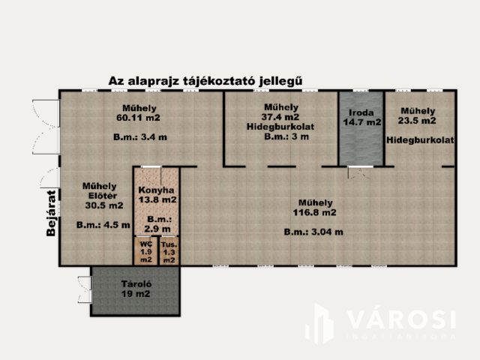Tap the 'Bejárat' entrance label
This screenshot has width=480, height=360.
coord(51,217)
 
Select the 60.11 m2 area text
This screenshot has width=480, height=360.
coord(138,118)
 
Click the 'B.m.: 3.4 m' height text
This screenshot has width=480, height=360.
coord(140,137)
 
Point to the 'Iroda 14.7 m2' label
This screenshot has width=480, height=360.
coord(361,115)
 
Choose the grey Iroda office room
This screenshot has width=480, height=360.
coord(361,142)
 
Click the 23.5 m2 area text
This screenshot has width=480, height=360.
coord(417,120)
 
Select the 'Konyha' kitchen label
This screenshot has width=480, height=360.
coord(157,189)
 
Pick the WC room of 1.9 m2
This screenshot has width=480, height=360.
coord(146,251)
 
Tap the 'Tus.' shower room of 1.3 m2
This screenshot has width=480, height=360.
coord(169,251)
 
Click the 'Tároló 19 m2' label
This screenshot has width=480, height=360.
coord(136,289)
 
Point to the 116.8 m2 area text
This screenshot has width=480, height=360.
coord(315,213)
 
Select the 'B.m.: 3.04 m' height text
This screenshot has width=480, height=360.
coord(313,232)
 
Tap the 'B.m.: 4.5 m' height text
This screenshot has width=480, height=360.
coord(103,224)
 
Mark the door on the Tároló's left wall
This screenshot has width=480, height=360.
coord(85,289)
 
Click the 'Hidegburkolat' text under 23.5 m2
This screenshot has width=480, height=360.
coord(421,140)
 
